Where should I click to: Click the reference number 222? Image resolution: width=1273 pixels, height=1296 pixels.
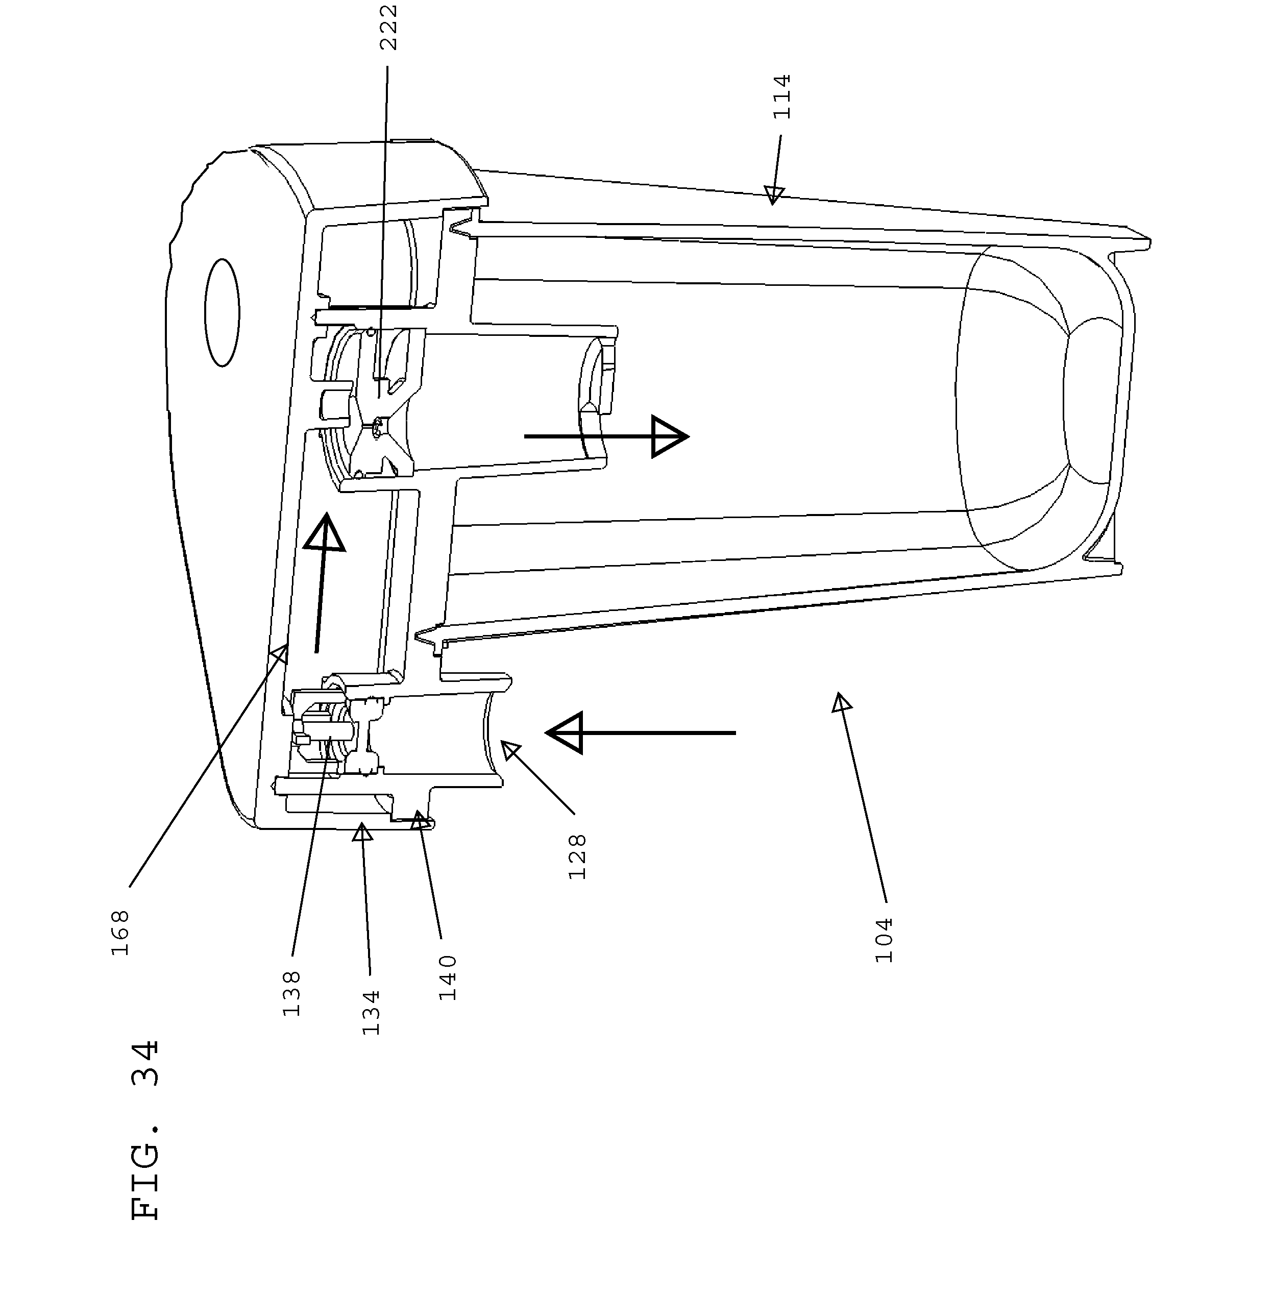tap(388, 28)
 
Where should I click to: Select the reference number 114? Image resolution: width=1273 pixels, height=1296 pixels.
tap(781, 97)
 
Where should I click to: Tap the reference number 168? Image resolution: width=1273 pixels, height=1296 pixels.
tap(120, 932)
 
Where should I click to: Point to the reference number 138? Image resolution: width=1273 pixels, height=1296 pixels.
tap(291, 994)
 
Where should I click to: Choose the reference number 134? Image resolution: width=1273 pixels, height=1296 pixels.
tap(371, 1013)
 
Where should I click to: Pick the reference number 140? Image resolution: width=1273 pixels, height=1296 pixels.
tap(448, 977)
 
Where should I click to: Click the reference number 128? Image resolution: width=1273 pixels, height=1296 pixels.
tap(577, 857)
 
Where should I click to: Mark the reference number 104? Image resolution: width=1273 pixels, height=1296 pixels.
tap(884, 940)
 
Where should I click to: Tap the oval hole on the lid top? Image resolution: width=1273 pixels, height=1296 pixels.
tap(222, 313)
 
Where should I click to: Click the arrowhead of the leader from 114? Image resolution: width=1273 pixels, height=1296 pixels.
tap(774, 194)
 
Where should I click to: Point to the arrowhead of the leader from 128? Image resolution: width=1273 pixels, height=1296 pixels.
tap(511, 750)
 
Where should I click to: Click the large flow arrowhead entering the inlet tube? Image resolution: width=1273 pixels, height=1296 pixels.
tap(564, 733)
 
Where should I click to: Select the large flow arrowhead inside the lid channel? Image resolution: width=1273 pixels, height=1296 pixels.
tap(325, 532)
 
